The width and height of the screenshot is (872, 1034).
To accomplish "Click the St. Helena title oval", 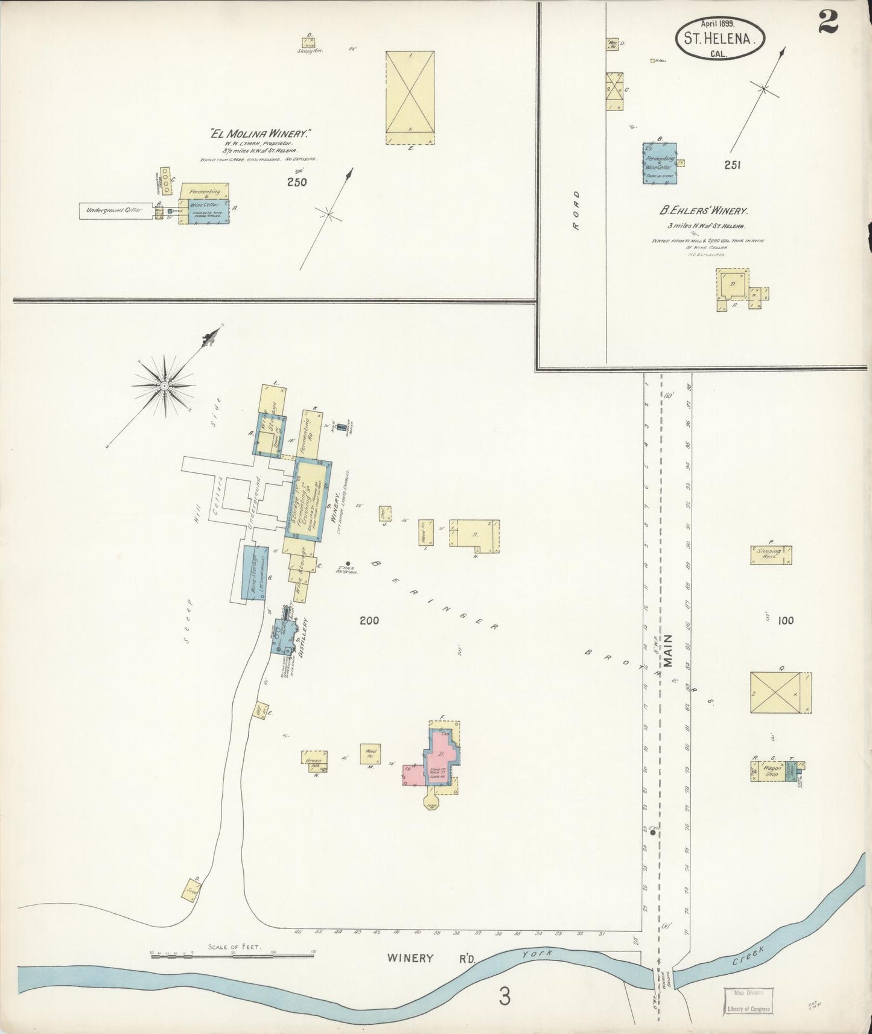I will pyautogui.click(x=719, y=39).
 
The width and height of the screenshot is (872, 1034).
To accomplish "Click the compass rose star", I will pyautogui.click(x=164, y=385).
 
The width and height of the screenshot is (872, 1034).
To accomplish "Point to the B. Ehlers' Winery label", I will pyautogui.click(x=704, y=211).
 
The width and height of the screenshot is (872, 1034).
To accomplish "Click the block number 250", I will pyautogui.click(x=297, y=182).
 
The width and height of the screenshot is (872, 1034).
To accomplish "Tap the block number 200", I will pyautogui.click(x=369, y=620).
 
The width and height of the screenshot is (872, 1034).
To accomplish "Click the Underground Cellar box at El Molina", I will pyautogui.click(x=115, y=211).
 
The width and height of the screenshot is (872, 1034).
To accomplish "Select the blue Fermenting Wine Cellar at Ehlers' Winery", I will pyautogui.click(x=659, y=163).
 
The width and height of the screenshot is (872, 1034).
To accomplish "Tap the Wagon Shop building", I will pyautogui.click(x=766, y=772).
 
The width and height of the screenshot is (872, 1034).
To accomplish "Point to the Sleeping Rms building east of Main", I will pyautogui.click(x=771, y=554).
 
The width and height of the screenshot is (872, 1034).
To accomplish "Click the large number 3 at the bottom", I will pyautogui.click(x=504, y=997).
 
